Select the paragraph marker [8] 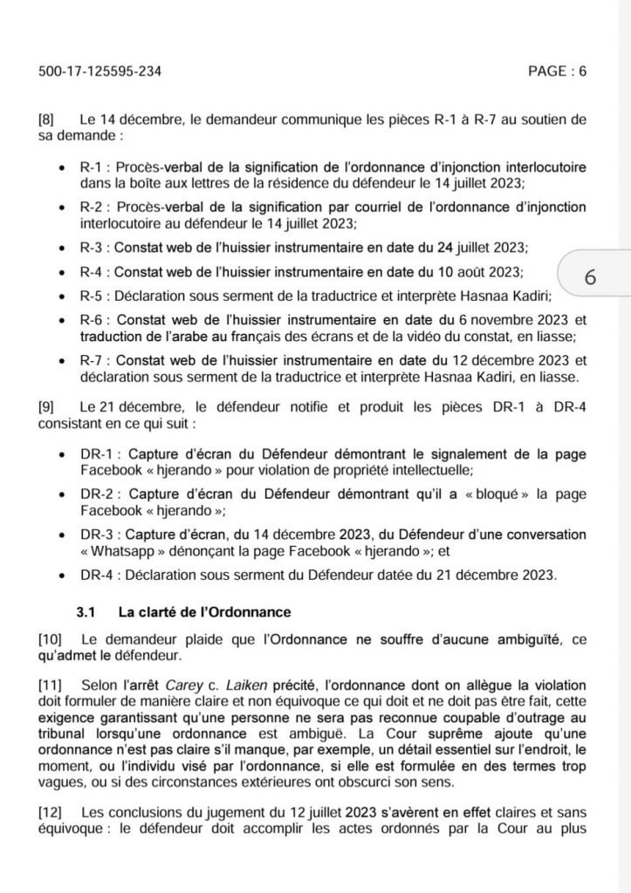click(48, 118)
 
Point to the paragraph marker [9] click(48, 407)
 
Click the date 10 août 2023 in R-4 click(479, 270)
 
